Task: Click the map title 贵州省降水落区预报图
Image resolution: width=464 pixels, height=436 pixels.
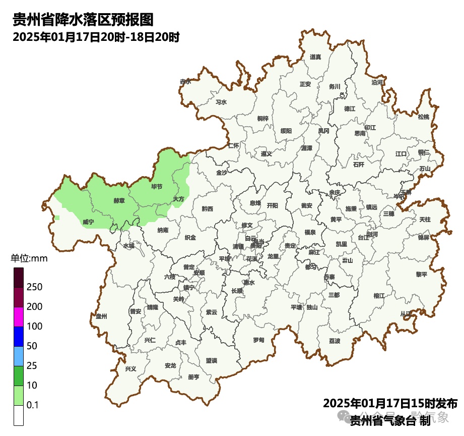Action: pos(83,20)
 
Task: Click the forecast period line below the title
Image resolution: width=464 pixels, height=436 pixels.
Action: pos(96,37)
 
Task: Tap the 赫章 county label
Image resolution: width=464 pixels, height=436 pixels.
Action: pos(119,200)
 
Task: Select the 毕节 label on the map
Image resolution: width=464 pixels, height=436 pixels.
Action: pos(157,187)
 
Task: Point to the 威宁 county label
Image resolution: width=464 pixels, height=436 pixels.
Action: pos(88,222)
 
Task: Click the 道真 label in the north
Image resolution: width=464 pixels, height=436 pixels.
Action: pos(315,57)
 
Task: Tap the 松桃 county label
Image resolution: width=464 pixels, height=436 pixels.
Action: pos(424,117)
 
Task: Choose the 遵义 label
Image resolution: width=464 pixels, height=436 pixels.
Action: pos(267,154)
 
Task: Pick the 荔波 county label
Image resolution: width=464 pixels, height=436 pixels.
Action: pos(335,341)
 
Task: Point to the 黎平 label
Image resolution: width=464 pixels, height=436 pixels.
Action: pos(421,275)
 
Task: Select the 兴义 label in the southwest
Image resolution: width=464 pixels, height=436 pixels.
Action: pos(130,369)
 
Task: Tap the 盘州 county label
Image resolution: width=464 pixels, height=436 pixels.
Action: pos(101,316)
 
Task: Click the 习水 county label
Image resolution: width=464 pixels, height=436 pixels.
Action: pos(221,102)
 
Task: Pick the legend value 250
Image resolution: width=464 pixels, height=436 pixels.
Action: pos(34,287)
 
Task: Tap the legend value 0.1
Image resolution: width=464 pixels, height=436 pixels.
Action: pos(33,405)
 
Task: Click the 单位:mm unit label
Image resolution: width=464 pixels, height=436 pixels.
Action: pos(29,259)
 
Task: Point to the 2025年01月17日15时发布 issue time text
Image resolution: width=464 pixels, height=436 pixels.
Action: pos(390,404)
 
